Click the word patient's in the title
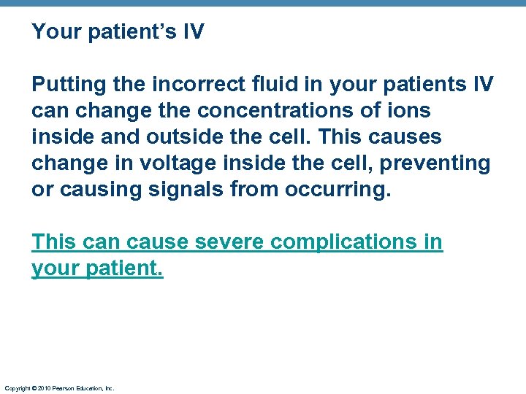click(x=139, y=32)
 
